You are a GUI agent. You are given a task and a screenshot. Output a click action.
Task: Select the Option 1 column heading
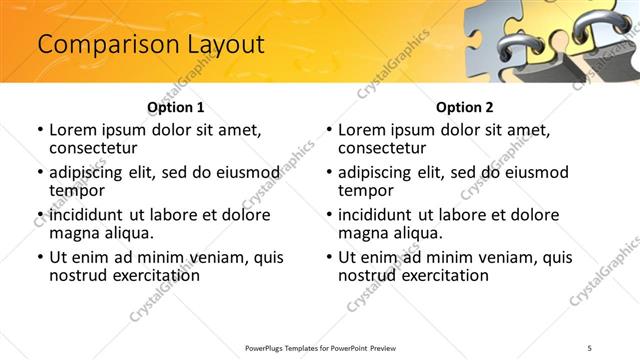(175, 106)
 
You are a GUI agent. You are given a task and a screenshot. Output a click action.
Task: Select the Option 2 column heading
(464, 106)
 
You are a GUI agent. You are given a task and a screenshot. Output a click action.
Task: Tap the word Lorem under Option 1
(76, 130)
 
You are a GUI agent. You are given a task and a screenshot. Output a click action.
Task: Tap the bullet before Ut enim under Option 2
(329, 258)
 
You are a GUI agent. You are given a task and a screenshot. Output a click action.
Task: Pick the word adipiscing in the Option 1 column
(86, 172)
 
